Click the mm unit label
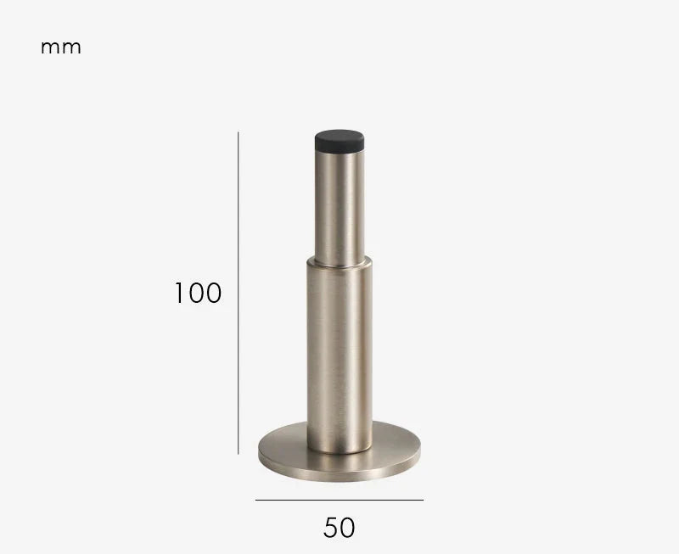click(60, 48)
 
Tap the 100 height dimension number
click(198, 293)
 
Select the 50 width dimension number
click(339, 528)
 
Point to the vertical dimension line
click(238, 293)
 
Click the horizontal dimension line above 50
click(339, 500)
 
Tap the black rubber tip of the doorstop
click(339, 141)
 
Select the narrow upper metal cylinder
click(339, 208)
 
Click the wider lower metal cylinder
click(339, 355)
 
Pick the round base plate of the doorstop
click(339, 463)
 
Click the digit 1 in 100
click(179, 293)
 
